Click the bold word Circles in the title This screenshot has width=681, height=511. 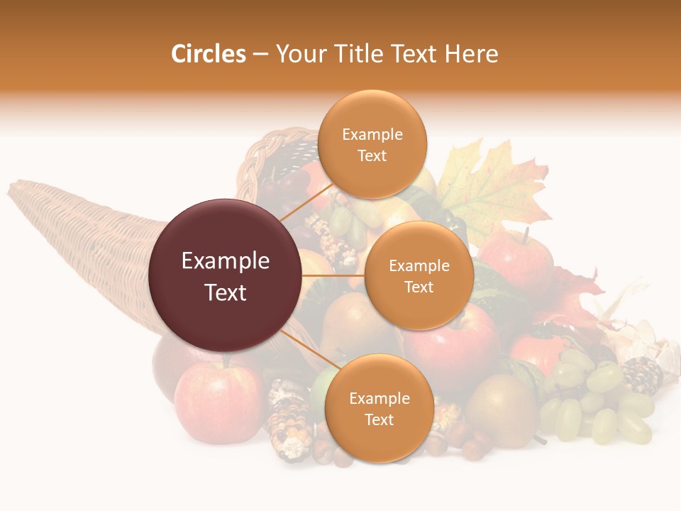pos(209,54)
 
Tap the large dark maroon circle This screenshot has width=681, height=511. pos(226,275)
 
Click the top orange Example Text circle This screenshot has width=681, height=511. pos(372,144)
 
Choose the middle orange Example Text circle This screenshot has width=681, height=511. pos(419,275)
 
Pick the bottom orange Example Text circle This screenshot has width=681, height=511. pos(379,409)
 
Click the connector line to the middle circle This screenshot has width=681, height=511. pos(333,275)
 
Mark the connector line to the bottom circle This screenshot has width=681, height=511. pos(305,347)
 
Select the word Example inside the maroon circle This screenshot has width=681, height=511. pos(226,261)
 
